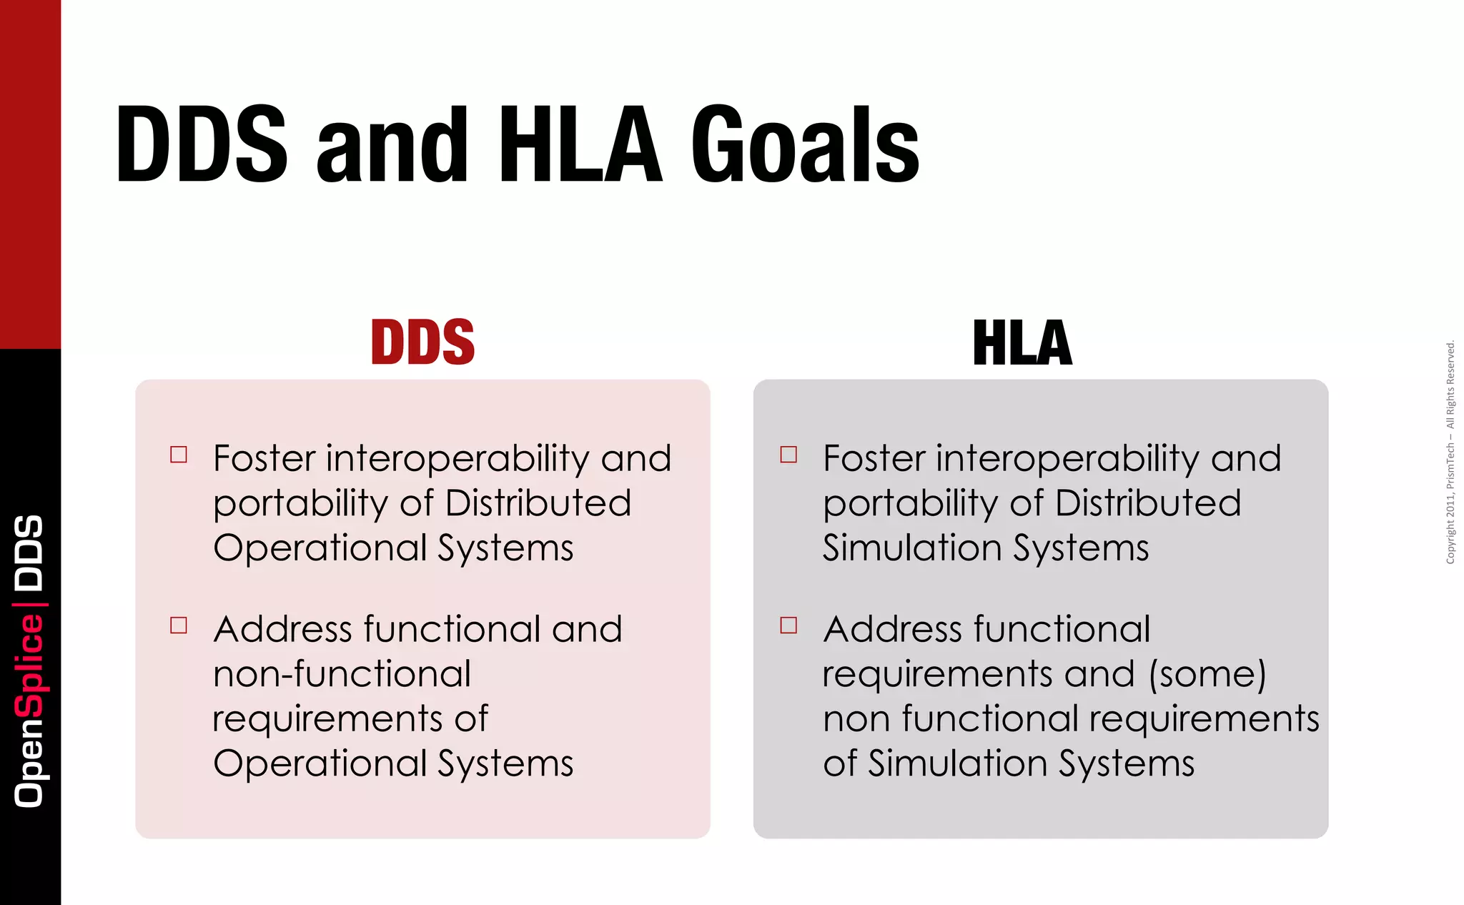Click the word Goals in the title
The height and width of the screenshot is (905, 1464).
[x=805, y=145]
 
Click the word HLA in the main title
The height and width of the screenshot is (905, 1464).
[x=580, y=145]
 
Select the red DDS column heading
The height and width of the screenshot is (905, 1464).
[x=422, y=342]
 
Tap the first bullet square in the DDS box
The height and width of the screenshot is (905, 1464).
[x=179, y=455]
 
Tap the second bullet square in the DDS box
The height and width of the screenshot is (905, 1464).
[x=179, y=625]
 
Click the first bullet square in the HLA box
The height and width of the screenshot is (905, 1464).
[x=788, y=455]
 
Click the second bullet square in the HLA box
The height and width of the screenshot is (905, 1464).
[x=788, y=625]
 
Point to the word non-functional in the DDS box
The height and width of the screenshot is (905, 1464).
[x=342, y=673]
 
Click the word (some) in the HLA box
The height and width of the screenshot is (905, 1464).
[x=1207, y=673]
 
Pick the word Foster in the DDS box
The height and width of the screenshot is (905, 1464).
[x=264, y=458]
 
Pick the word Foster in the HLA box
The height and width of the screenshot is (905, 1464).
[x=874, y=458]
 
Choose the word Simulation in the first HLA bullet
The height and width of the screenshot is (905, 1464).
[x=911, y=548]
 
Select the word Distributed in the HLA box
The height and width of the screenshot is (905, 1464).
[x=1148, y=503]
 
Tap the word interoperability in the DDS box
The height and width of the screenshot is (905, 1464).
[x=457, y=460]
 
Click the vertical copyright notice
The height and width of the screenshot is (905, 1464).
[x=1450, y=452]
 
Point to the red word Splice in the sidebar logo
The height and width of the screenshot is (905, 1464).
[x=30, y=665]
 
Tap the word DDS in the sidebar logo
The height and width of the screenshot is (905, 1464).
[x=30, y=553]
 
